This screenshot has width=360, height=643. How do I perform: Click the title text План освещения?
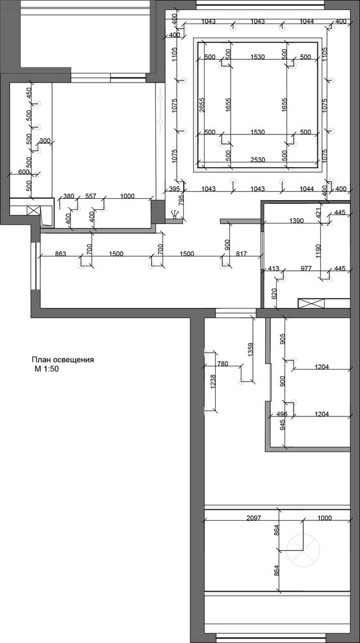[63, 360]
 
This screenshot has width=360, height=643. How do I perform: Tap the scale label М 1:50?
[49, 369]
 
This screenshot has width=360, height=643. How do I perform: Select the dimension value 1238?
[213, 382]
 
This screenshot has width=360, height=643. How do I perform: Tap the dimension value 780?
[222, 363]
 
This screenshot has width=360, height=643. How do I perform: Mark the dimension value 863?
[60, 254]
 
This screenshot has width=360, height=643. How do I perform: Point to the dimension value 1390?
[296, 221]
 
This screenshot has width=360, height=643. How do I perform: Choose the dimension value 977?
[306, 269]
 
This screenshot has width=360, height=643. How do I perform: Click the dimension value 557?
[91, 196]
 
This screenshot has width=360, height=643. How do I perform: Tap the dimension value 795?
[181, 199]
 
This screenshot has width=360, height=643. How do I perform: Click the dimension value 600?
[24, 172]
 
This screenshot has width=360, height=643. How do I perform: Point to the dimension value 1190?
[319, 250]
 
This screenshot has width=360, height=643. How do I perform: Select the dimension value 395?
[175, 188]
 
